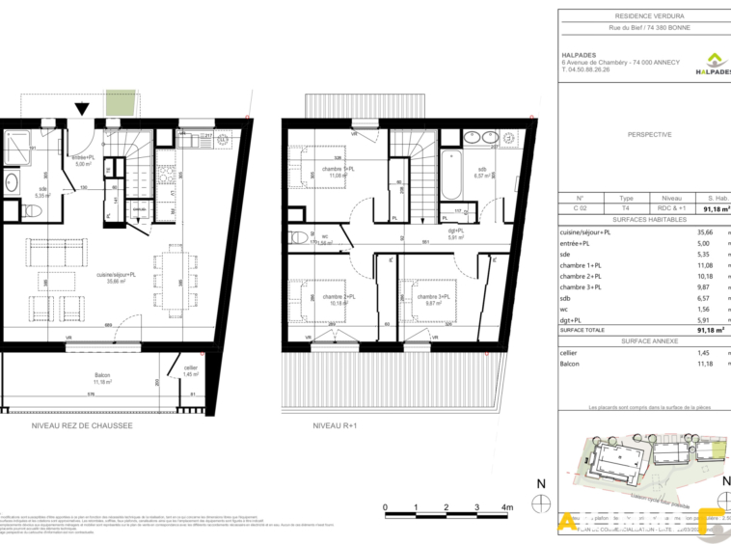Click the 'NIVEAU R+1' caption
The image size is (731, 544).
pos(335,425)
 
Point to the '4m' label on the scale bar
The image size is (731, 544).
pos(508,506)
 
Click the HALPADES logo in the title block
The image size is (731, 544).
pos(712,63)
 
